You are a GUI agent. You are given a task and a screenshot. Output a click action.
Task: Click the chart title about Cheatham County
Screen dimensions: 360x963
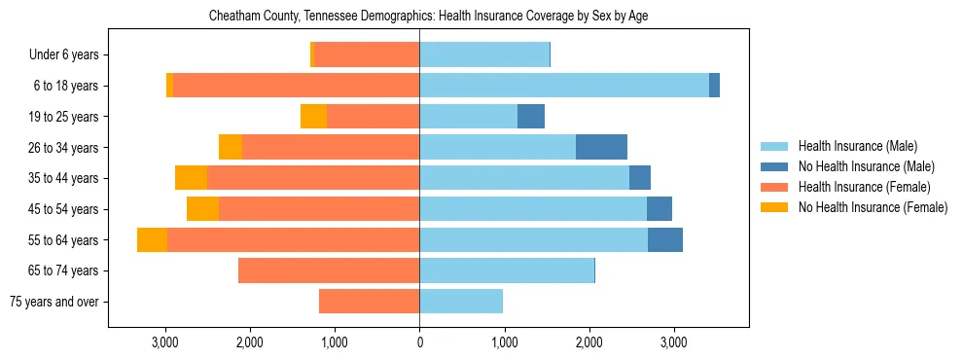coord(428,17)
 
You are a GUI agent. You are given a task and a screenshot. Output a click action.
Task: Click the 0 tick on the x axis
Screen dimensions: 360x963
coord(419,342)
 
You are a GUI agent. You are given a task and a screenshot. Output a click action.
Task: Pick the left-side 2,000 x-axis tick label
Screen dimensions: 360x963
coord(250,342)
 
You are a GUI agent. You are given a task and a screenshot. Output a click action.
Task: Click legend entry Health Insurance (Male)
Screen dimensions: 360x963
coord(857,146)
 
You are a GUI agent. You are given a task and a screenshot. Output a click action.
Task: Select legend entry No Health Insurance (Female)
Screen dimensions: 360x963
coord(873,207)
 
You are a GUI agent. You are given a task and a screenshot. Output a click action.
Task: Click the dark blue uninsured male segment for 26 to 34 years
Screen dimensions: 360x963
coord(601,147)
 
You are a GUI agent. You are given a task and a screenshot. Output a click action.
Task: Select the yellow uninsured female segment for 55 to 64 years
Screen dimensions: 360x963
coord(152,239)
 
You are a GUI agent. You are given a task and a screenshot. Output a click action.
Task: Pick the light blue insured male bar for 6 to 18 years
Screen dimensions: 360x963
coord(564,86)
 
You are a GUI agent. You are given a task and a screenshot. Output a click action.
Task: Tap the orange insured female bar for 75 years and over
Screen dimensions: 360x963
coord(369,302)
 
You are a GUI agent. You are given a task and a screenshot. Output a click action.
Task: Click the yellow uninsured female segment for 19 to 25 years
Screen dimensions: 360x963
coord(313,117)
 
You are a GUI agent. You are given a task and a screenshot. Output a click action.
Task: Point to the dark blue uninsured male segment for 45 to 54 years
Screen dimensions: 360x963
coord(660,209)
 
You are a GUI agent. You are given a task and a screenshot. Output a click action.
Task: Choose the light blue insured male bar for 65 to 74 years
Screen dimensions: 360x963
coord(506,270)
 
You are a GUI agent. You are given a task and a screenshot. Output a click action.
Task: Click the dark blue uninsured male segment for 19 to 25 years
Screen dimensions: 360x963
coord(531,117)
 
